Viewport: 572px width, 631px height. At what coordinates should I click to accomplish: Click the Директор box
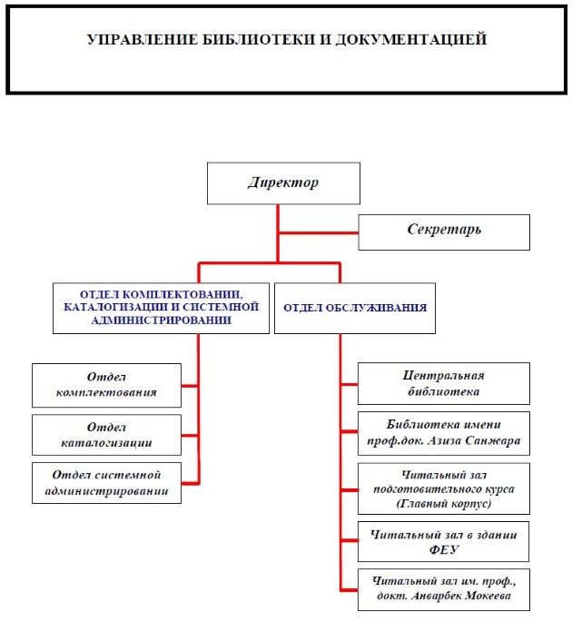(284, 183)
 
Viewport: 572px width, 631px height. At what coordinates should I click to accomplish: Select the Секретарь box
(443, 231)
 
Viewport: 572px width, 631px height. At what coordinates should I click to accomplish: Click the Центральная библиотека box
(443, 383)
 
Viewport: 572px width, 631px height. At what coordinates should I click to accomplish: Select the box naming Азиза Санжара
(443, 435)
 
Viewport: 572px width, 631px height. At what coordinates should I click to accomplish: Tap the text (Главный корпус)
(443, 502)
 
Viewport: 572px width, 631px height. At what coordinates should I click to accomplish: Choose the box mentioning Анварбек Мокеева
(443, 588)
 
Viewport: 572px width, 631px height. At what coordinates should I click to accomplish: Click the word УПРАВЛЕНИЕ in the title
(135, 40)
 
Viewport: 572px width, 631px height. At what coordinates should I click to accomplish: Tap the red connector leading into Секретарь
(318, 232)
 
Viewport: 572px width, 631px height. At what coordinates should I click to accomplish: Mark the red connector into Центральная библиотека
(349, 384)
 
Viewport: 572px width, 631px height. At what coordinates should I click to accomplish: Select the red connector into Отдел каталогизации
(189, 434)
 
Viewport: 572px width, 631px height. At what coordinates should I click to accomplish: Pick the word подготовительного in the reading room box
(443, 488)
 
